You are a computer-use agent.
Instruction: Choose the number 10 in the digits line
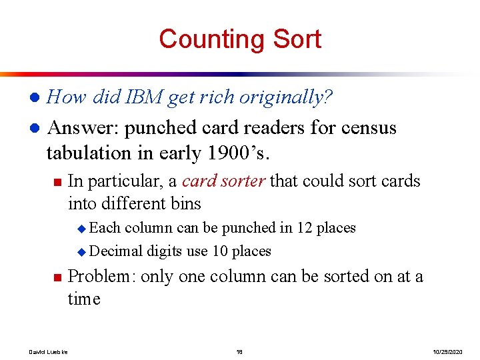(220, 251)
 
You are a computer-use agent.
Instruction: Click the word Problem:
(102, 276)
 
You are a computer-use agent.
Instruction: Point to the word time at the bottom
(84, 299)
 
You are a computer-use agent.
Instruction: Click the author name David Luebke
(44, 351)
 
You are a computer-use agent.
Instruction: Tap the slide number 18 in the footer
(239, 351)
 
